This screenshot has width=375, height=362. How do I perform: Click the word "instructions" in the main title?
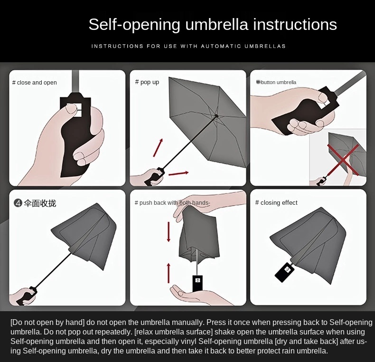tap(295, 24)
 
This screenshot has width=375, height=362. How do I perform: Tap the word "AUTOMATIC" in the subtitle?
tap(221, 46)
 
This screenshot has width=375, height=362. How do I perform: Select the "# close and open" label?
tap(35, 83)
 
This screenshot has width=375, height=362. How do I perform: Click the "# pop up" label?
tap(147, 82)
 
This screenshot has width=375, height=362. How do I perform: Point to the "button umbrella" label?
tap(278, 82)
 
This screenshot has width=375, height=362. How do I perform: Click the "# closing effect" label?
tap(276, 202)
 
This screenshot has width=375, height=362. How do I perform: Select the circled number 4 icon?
tap(18, 203)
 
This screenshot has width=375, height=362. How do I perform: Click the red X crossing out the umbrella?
tap(343, 160)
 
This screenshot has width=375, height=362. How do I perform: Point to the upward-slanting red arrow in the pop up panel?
tap(158, 147)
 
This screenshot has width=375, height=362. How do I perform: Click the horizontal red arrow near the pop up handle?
tap(178, 173)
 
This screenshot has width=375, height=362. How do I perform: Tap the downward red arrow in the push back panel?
tap(169, 232)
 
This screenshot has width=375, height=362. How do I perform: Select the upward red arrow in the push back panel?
tap(169, 273)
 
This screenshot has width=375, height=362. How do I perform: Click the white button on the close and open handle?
tap(74, 110)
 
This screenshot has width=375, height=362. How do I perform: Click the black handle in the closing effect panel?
tap(284, 272)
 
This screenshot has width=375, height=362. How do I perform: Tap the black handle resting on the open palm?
tap(197, 284)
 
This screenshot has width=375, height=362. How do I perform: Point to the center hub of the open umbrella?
tap(216, 116)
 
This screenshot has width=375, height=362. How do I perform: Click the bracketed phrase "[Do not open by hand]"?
tap(47, 323)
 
